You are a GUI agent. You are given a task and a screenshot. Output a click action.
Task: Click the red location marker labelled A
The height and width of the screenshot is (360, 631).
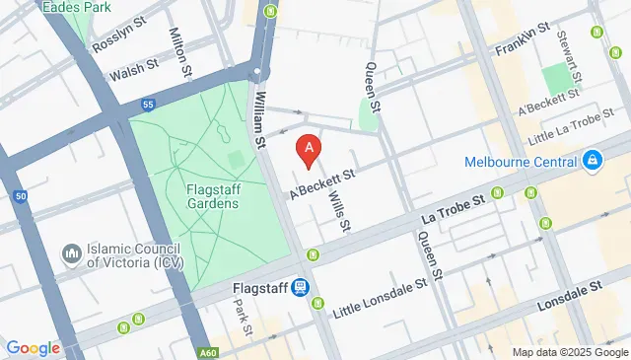pos(310,150)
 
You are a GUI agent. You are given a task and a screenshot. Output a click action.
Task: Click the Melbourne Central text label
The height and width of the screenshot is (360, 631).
pos(520,160)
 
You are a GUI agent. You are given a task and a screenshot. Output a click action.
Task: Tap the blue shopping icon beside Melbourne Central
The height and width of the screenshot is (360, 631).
pos(592,160)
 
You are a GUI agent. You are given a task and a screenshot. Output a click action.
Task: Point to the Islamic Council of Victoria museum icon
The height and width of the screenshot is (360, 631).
pos(70,254)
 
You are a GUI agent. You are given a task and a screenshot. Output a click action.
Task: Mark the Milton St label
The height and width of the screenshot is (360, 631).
pos(179,51)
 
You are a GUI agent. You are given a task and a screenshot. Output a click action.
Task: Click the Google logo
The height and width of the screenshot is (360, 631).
pos(34,348)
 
